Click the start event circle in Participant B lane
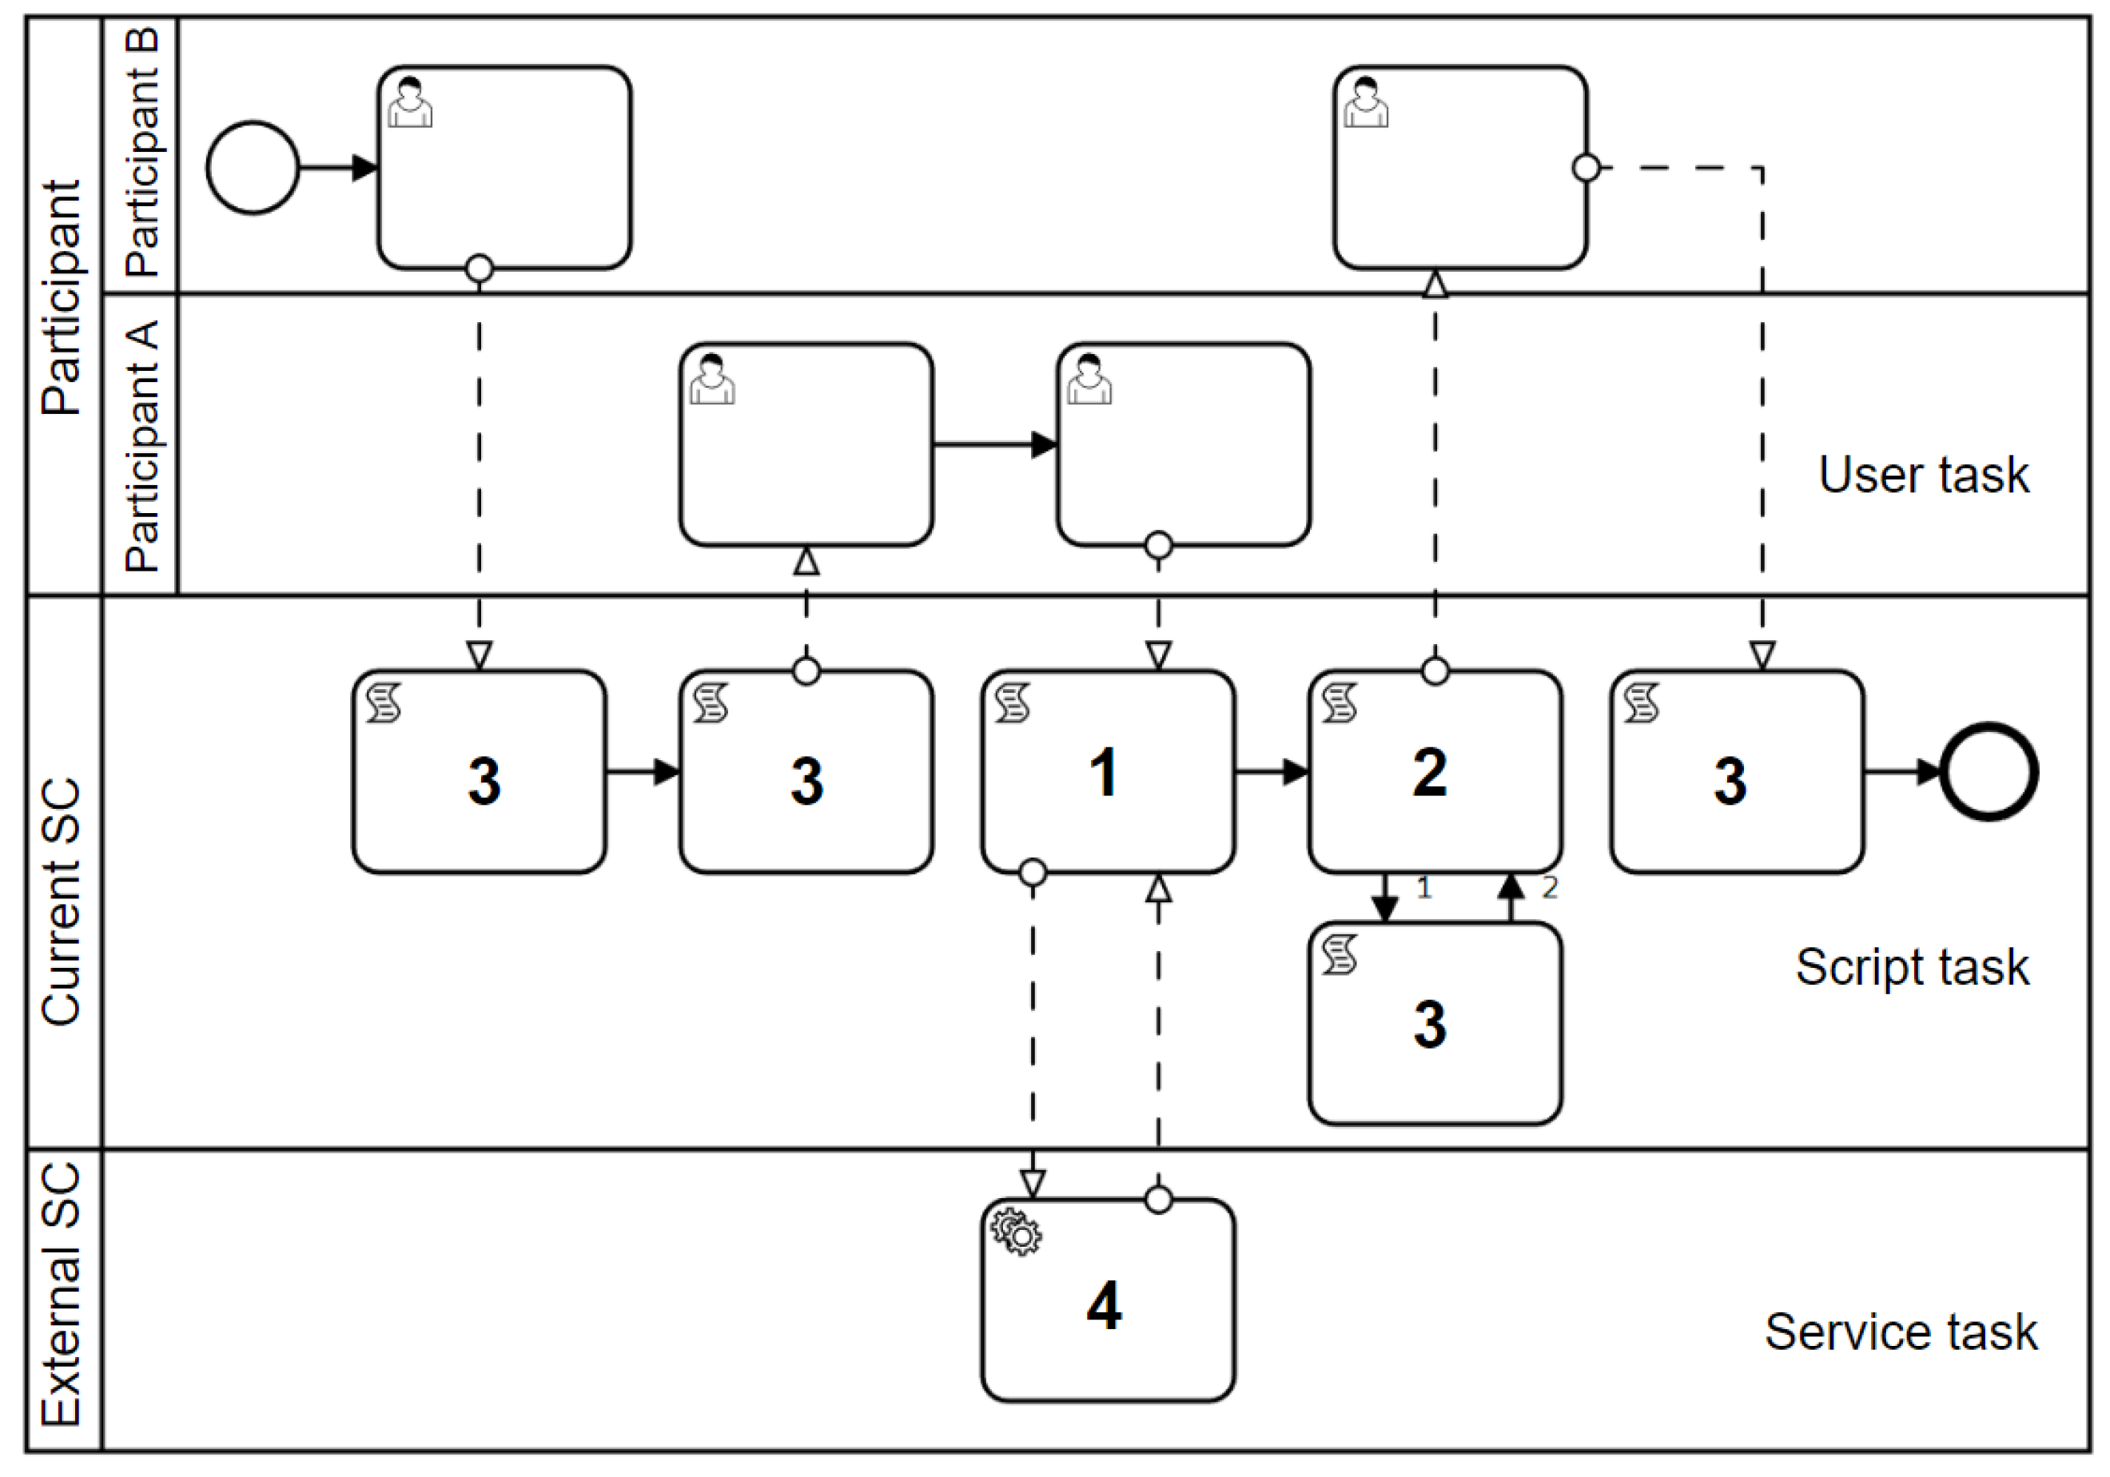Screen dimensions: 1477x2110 (252, 167)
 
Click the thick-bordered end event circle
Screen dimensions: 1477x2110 (1989, 771)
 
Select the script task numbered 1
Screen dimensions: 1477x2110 (1108, 771)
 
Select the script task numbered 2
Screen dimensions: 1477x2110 (1435, 771)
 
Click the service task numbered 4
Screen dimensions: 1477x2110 (1108, 1300)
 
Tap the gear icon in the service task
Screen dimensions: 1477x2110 (1017, 1232)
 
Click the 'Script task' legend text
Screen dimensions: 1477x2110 (1912, 967)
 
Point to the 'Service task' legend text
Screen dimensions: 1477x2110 (1901, 1332)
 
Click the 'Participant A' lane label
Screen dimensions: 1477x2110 (142, 446)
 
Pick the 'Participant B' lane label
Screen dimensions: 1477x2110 (142, 153)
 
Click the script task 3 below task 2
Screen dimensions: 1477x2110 (1435, 1023)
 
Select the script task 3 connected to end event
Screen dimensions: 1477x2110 (1736, 771)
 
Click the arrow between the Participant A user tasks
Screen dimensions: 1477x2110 (994, 445)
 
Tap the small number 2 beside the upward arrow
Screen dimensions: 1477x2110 (1550, 888)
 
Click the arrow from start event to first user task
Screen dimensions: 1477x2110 (337, 167)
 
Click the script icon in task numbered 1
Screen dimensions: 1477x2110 (1013, 703)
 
